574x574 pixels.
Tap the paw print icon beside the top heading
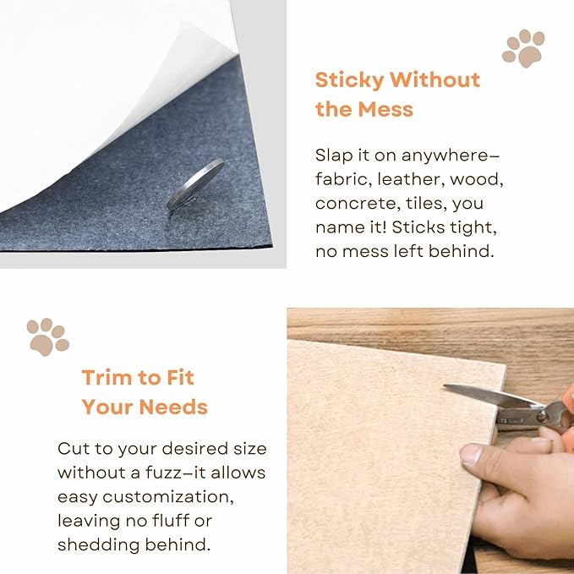[523, 48]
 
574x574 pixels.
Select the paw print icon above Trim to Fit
[47, 336]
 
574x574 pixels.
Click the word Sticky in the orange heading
[349, 80]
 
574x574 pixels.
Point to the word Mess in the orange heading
[385, 109]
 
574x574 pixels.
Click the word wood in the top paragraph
[478, 179]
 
